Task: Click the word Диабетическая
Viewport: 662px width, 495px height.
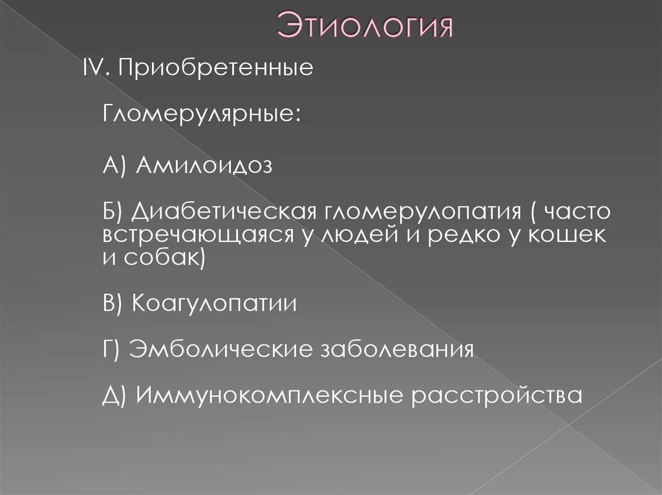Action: pos(222,213)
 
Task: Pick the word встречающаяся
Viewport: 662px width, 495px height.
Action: pos(199,236)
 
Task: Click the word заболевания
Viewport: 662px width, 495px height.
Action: pos(398,349)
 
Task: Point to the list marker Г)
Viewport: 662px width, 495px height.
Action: pos(112,350)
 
